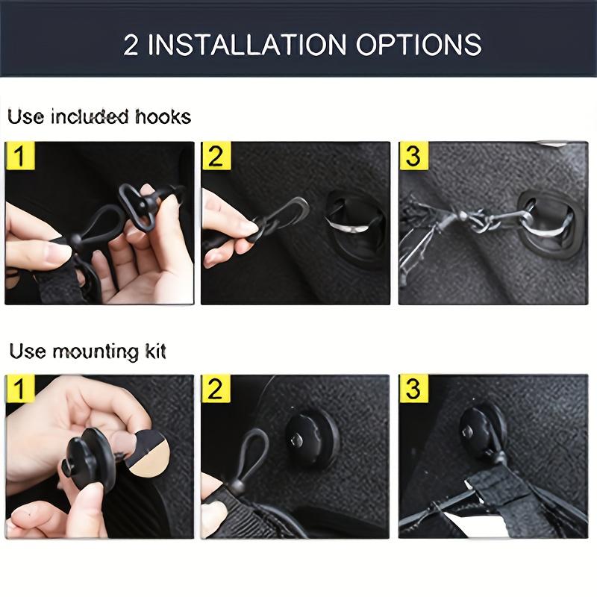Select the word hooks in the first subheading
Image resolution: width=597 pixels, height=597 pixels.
(x=163, y=117)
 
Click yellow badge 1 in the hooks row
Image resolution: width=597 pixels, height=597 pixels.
(x=19, y=157)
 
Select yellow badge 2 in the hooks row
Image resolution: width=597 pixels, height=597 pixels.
(x=216, y=157)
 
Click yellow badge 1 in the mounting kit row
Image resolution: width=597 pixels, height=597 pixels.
(x=19, y=390)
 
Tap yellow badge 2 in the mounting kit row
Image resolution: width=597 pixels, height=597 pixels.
(x=216, y=390)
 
